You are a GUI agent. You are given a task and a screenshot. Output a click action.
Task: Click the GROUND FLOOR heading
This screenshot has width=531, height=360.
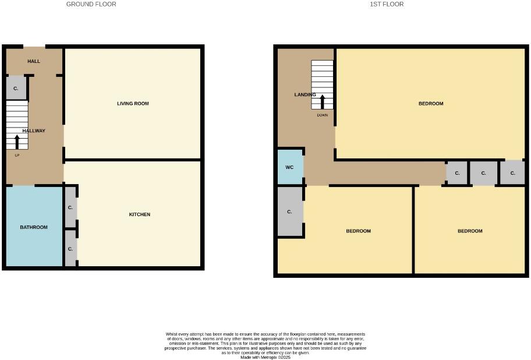91,4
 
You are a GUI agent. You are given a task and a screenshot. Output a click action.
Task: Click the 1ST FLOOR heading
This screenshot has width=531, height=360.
387,4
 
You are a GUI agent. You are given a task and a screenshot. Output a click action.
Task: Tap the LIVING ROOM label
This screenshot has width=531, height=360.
133,104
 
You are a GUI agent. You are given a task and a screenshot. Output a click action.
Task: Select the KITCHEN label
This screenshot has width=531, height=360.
139,214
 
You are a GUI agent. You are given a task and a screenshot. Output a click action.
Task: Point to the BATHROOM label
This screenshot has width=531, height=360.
34,227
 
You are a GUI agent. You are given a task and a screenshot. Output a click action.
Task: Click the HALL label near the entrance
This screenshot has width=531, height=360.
34,61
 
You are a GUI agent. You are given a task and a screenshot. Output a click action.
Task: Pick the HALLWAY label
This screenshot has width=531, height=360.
34,131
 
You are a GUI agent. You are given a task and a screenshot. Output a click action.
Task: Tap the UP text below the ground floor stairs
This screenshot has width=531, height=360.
17,155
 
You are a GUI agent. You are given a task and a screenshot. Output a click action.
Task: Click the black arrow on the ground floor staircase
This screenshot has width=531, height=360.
17,142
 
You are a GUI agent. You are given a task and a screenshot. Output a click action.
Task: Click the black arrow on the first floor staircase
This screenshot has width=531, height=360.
323,101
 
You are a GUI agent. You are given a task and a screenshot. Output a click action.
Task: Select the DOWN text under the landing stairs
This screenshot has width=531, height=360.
323,115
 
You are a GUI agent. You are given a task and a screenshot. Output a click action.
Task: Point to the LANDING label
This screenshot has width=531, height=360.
305,95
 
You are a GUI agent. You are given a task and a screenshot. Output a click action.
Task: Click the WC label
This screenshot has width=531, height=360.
289,167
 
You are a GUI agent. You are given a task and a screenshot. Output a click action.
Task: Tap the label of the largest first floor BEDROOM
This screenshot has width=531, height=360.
431,104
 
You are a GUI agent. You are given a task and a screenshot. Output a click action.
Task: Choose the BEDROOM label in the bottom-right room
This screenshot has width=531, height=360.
470,231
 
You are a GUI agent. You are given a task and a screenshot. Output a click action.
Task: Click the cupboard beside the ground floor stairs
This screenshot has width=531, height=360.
16,89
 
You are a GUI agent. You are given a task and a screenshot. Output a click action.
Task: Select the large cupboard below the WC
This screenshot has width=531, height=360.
289,212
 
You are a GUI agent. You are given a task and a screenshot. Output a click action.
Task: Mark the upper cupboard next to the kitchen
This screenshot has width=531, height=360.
70,207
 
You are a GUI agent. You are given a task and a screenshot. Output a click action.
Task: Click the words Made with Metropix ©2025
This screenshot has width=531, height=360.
265,357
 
